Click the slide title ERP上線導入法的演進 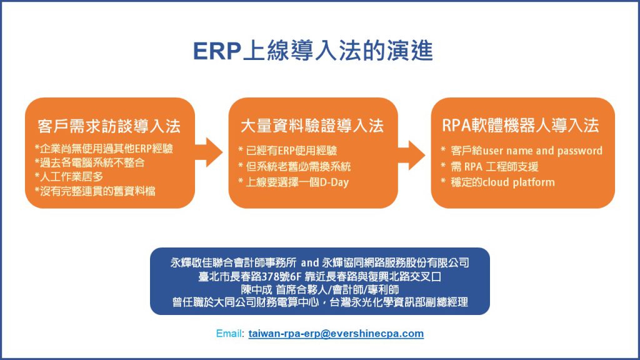click(312, 51)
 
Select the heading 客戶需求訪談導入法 click(109, 126)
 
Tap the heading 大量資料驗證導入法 click(312, 126)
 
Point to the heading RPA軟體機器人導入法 click(521, 125)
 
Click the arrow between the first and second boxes click(209, 152)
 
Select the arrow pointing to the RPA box click(411, 155)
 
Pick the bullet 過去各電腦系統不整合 click(90, 163)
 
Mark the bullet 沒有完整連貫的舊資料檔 click(95, 191)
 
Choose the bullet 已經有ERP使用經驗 click(287, 151)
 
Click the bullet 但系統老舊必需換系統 click(295, 166)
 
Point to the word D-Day click(334, 182)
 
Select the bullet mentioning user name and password click(522, 151)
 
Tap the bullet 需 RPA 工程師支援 click(489, 166)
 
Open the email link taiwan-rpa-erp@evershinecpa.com click(336, 334)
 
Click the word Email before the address click(230, 334)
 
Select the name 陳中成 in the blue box click(256, 290)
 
